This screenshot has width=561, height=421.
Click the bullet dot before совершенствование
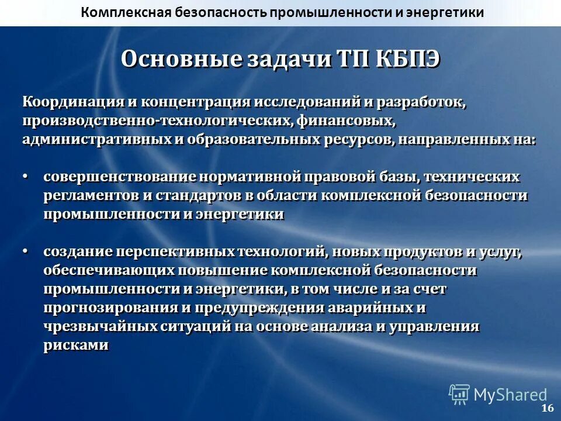coord(26,175)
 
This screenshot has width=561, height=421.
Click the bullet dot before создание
coord(26,251)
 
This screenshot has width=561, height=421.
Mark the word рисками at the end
coord(75,346)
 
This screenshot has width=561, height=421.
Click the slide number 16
coord(547,408)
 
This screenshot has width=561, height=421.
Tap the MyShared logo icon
coord(459,395)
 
